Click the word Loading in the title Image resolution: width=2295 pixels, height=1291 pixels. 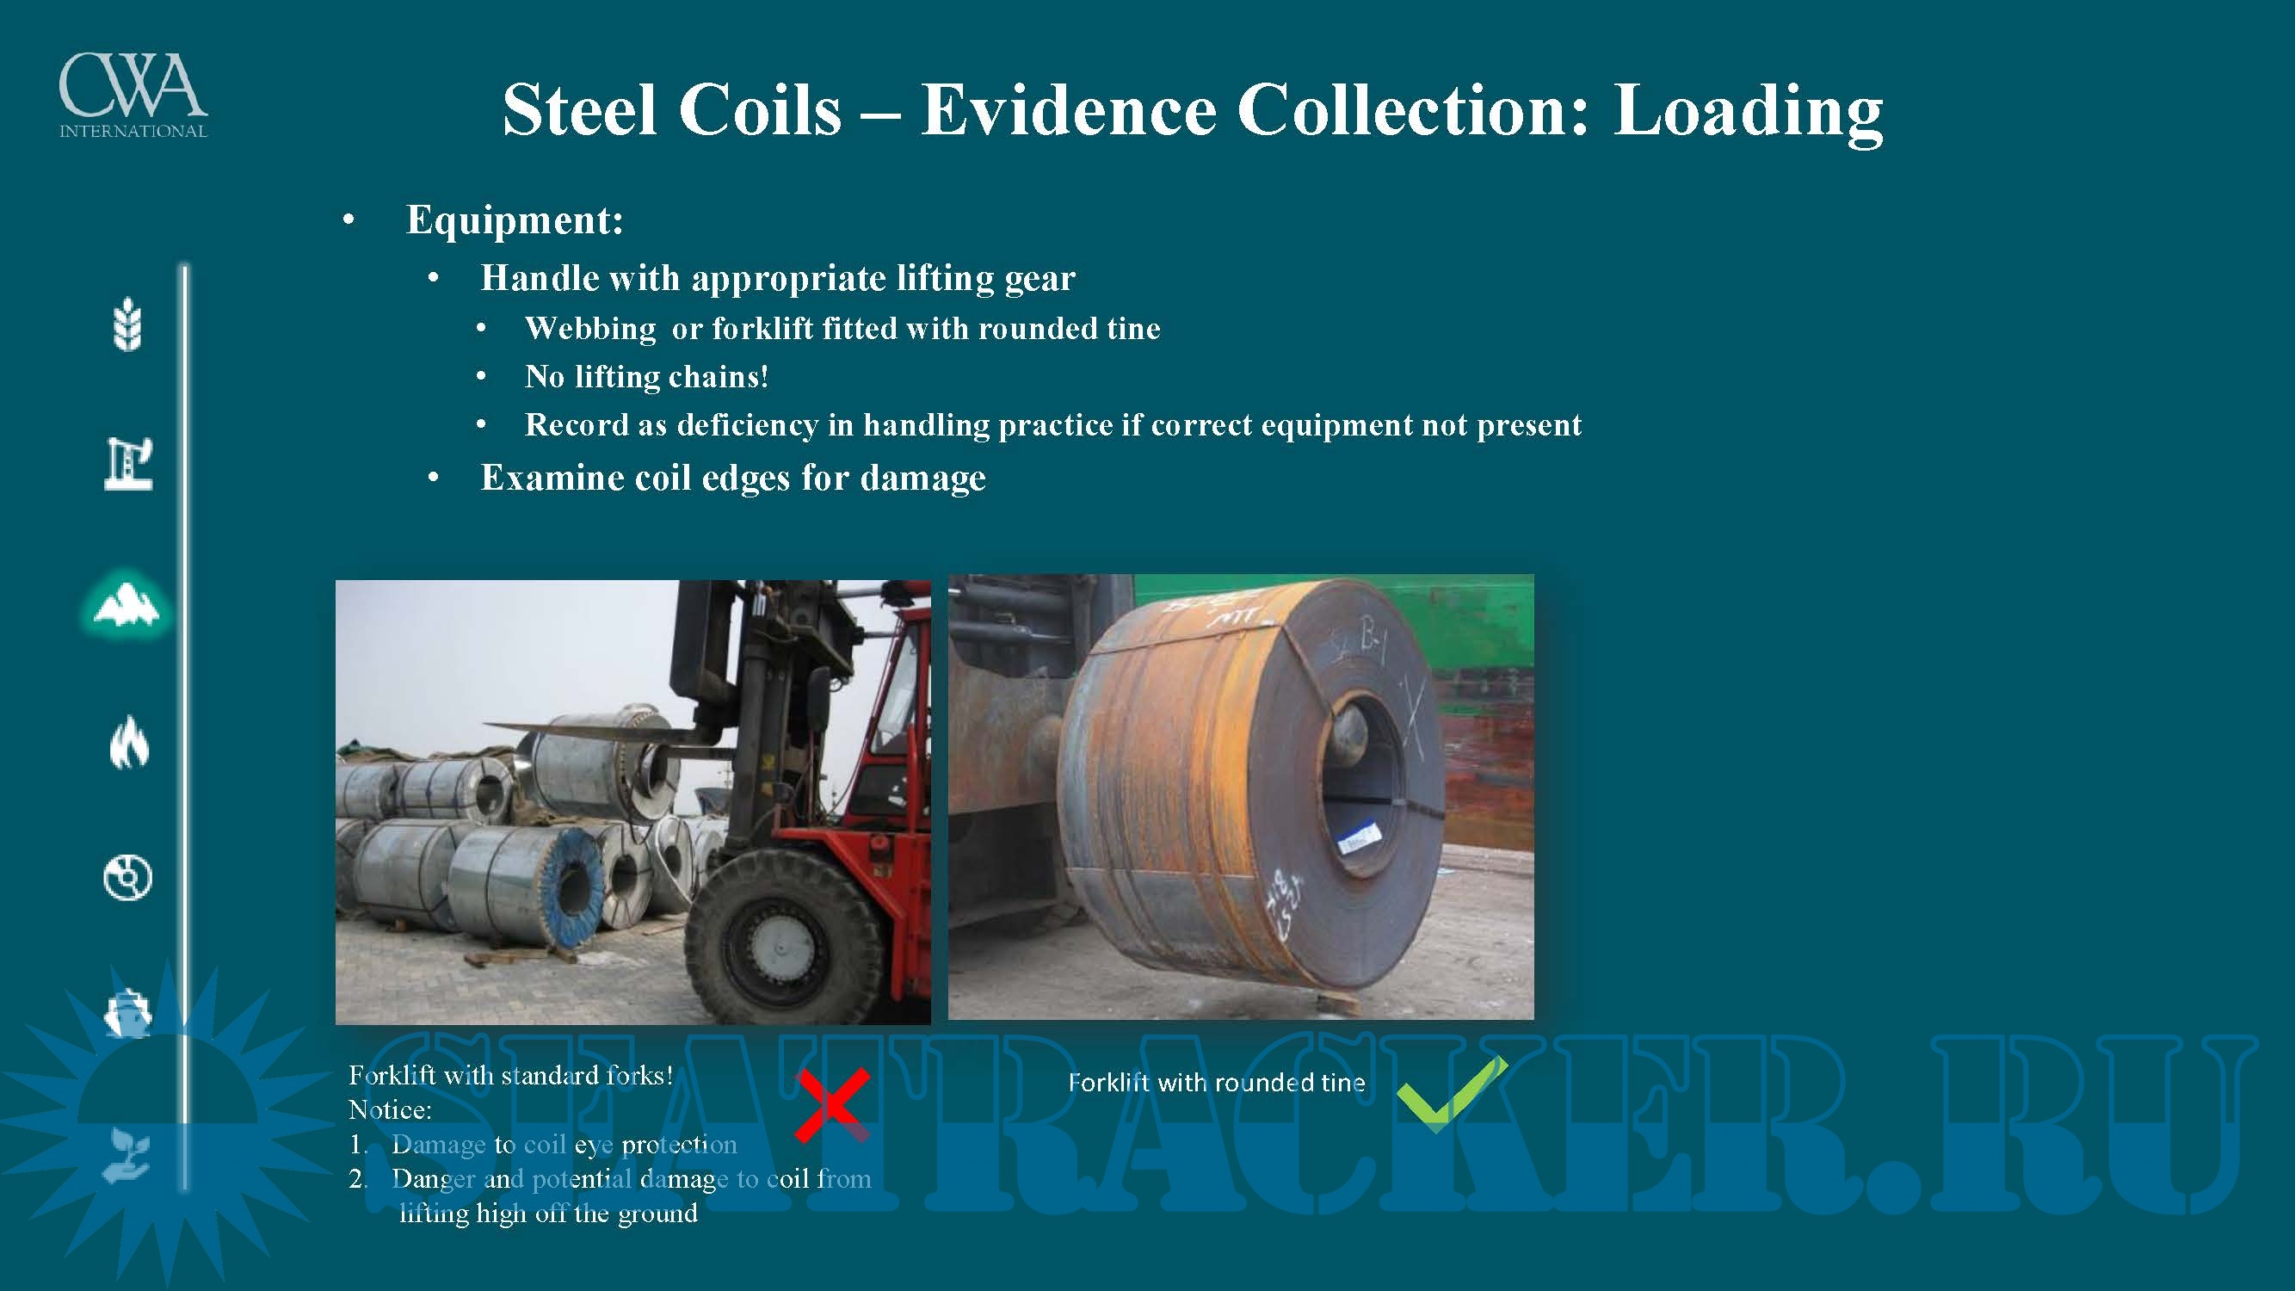[1748, 111]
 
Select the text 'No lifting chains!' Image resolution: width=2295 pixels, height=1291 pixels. [647, 377]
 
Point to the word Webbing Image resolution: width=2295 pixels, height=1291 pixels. [590, 330]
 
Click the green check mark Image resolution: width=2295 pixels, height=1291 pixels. [1452, 1094]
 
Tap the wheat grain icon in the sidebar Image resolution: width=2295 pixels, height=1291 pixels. [128, 324]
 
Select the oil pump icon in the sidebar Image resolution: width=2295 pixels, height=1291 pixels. [129, 463]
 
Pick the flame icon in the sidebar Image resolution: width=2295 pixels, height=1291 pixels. [129, 741]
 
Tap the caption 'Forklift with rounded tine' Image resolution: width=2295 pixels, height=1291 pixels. [1216, 1083]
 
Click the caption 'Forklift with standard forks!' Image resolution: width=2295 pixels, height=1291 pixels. [510, 1075]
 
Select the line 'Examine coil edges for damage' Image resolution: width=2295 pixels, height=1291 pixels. [733, 479]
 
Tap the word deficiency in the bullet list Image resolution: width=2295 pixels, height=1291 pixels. [748, 426]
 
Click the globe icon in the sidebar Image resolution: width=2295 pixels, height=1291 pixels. [128, 878]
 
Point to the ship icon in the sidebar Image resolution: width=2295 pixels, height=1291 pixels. [128, 1013]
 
